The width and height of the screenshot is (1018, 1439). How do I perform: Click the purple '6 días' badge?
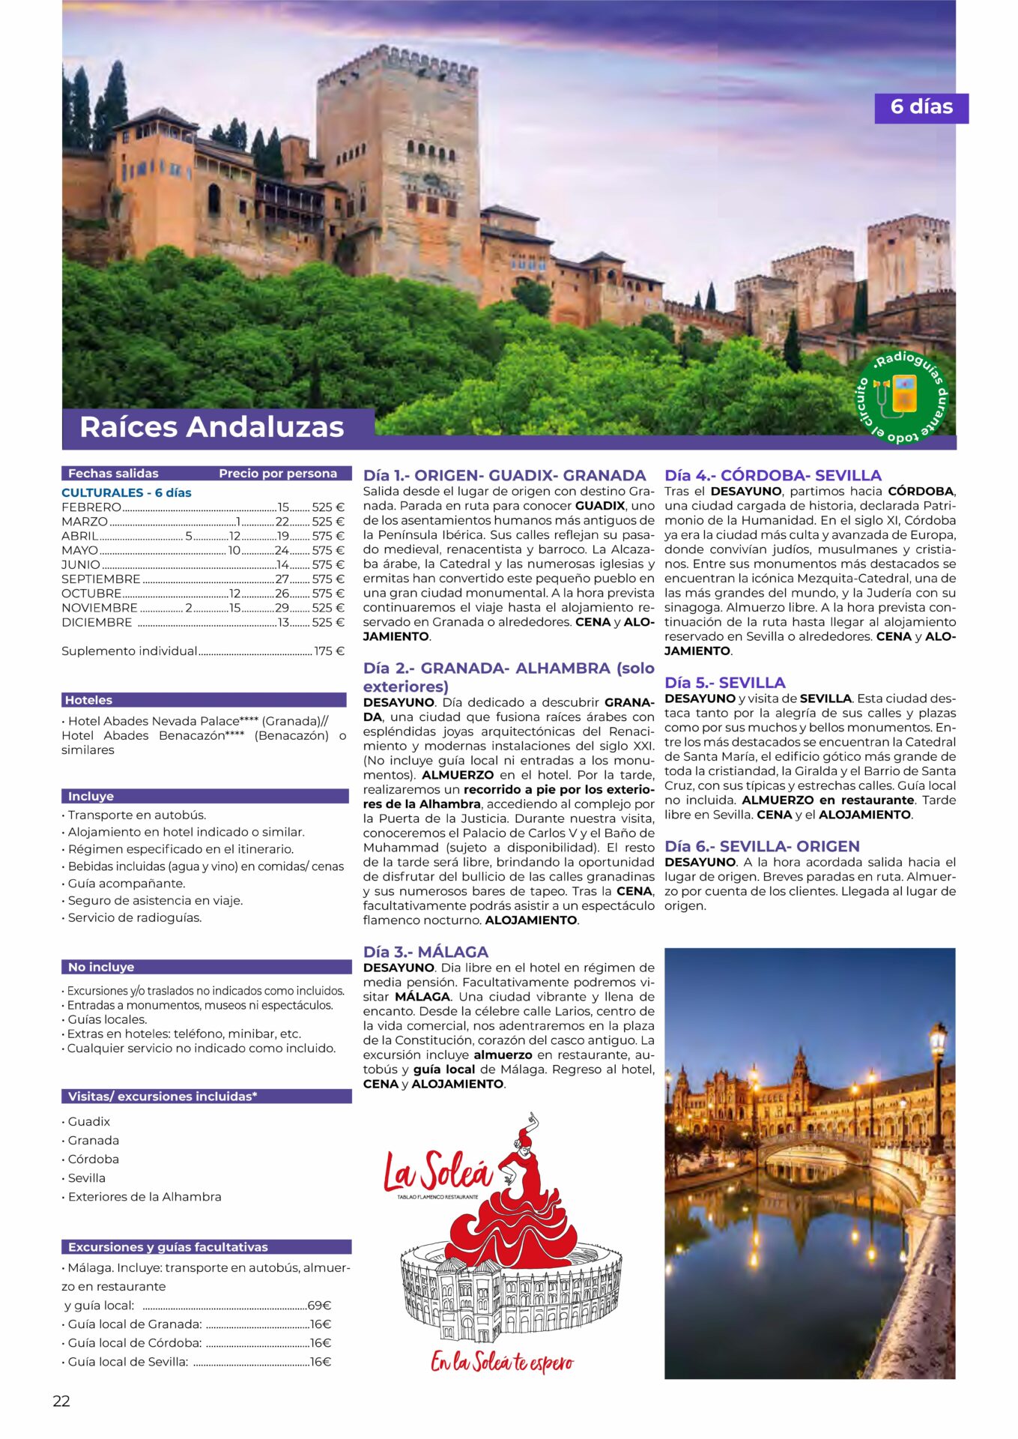tap(921, 108)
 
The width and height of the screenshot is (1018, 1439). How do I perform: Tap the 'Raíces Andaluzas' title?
tap(211, 426)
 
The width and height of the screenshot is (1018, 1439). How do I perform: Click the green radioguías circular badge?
tap(902, 396)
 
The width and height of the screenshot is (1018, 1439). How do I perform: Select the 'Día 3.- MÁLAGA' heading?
tap(425, 952)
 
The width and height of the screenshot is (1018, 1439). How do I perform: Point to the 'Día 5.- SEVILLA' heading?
tap(724, 683)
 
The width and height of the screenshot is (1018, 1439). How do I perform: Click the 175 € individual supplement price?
tap(329, 651)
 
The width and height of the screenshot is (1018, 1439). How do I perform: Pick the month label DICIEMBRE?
tap(97, 623)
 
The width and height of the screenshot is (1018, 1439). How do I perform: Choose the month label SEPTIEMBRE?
tap(101, 579)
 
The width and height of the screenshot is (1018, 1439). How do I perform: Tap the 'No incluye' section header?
tap(101, 967)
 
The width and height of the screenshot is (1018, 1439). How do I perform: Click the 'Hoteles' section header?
tap(88, 700)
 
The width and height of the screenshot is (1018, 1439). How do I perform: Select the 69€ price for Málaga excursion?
tap(319, 1305)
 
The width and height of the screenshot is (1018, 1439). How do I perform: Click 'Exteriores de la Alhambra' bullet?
tap(145, 1197)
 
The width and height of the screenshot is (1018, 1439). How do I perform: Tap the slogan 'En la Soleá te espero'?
tap(502, 1362)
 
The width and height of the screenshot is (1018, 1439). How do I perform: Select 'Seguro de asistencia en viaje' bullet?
tap(155, 900)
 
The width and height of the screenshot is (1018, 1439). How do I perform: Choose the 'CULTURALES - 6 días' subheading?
tap(127, 492)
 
